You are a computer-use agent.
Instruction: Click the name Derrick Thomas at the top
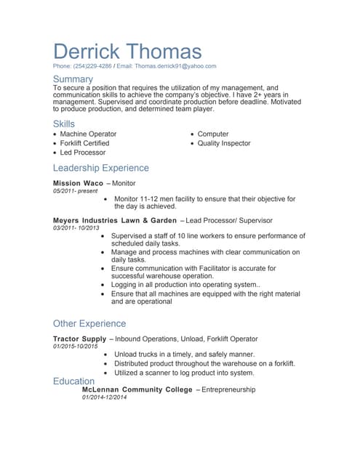(x=127, y=51)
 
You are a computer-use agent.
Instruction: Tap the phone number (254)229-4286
(x=92, y=66)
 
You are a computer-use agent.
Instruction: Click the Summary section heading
(x=73, y=78)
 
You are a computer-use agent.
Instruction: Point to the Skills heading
(x=64, y=124)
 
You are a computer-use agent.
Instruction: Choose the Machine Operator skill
(x=88, y=134)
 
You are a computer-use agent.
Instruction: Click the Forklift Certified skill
(x=84, y=144)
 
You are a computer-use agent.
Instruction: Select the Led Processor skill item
(x=82, y=153)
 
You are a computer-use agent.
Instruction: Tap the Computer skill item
(x=213, y=134)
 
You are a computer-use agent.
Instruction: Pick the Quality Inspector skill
(x=224, y=144)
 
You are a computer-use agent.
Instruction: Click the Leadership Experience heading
(x=101, y=168)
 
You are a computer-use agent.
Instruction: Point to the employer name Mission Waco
(x=78, y=183)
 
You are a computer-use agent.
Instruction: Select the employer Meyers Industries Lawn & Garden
(x=115, y=220)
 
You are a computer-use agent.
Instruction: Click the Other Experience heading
(x=89, y=323)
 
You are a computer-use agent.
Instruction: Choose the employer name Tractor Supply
(x=79, y=339)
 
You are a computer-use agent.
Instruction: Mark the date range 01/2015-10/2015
(x=75, y=347)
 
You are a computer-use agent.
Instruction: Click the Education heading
(x=73, y=381)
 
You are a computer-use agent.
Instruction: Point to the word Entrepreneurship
(x=228, y=390)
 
